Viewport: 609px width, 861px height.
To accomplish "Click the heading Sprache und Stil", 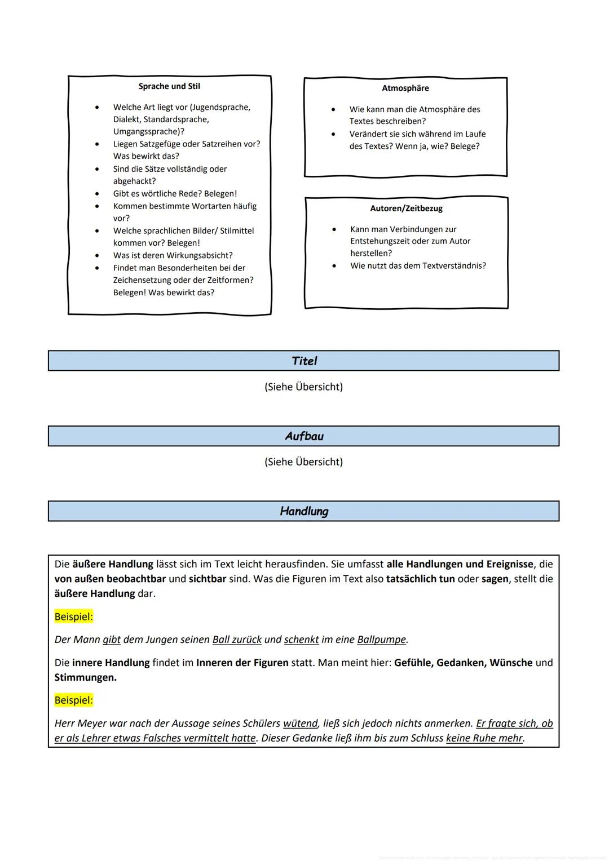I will pyautogui.click(x=169, y=86).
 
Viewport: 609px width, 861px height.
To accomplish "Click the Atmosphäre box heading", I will pyautogui.click(x=405, y=88).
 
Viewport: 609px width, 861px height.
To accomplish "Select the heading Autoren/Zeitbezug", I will pyautogui.click(x=406, y=208).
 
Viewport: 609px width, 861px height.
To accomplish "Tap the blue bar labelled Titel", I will pyautogui.click(x=304, y=361).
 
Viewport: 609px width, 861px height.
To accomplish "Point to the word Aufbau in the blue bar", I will pyautogui.click(x=304, y=436).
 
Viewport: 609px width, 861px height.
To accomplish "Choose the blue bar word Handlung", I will pyautogui.click(x=304, y=511).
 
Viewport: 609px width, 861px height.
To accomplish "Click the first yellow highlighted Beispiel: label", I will pyautogui.click(x=73, y=616).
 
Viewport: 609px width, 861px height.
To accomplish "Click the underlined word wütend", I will pyautogui.click(x=301, y=724).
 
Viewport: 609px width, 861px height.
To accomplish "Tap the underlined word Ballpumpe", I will pyautogui.click(x=381, y=640).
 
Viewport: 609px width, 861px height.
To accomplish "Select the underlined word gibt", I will pyautogui.click(x=112, y=640).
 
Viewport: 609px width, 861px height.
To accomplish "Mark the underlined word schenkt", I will pyautogui.click(x=301, y=640).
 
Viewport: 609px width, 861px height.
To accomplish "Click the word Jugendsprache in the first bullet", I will pyautogui.click(x=220, y=107).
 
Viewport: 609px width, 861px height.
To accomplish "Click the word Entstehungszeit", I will pyautogui.click(x=382, y=241).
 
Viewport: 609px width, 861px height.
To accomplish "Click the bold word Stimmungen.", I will pyautogui.click(x=85, y=677).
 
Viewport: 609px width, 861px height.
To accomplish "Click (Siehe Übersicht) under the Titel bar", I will pyautogui.click(x=303, y=387).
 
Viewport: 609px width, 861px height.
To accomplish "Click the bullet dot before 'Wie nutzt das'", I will pyautogui.click(x=334, y=265).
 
